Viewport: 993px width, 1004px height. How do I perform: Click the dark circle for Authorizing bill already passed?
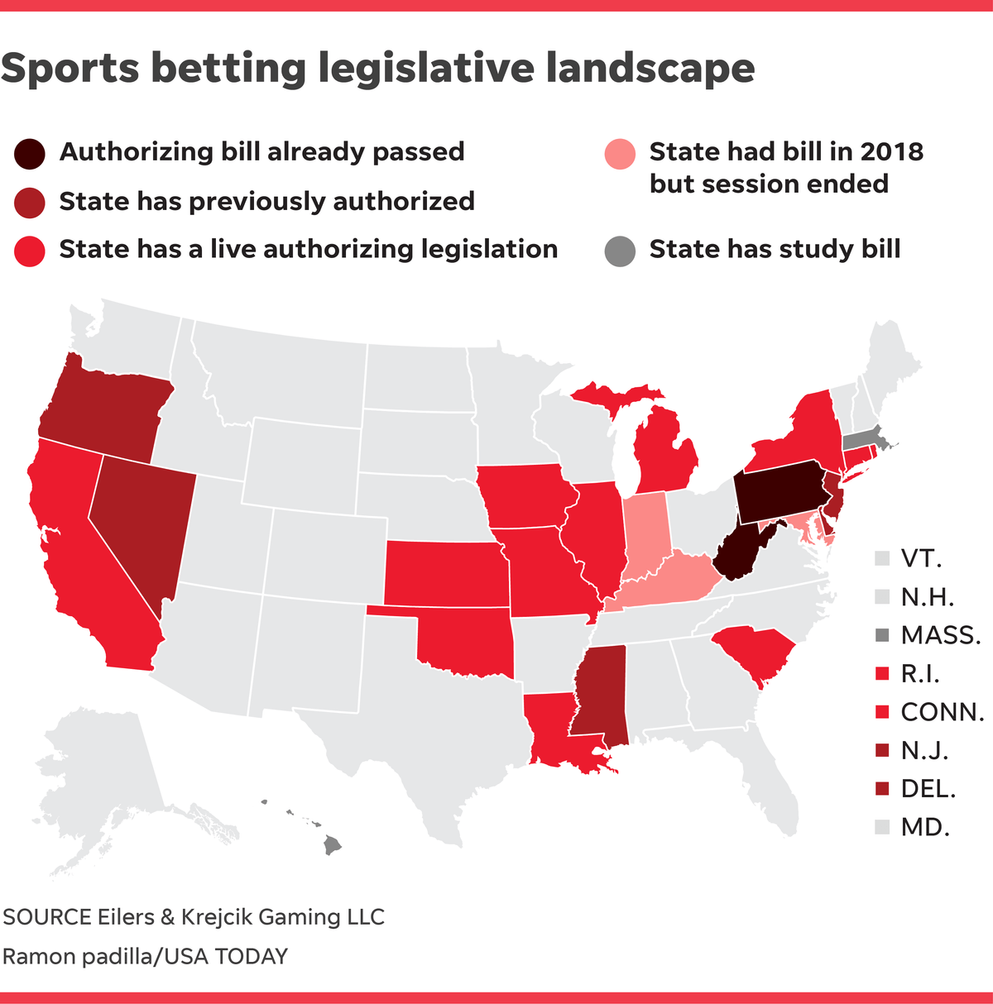click(29, 153)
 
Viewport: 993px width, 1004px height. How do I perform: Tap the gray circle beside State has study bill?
click(620, 250)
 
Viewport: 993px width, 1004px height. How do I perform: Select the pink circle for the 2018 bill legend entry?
click(620, 154)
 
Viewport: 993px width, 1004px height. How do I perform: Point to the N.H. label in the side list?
click(928, 597)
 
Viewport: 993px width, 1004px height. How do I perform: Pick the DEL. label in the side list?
click(928, 789)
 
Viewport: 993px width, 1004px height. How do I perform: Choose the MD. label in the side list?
click(925, 827)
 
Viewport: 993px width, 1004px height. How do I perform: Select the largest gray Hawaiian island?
click(332, 845)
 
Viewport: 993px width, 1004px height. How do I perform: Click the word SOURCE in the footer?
click(47, 917)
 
